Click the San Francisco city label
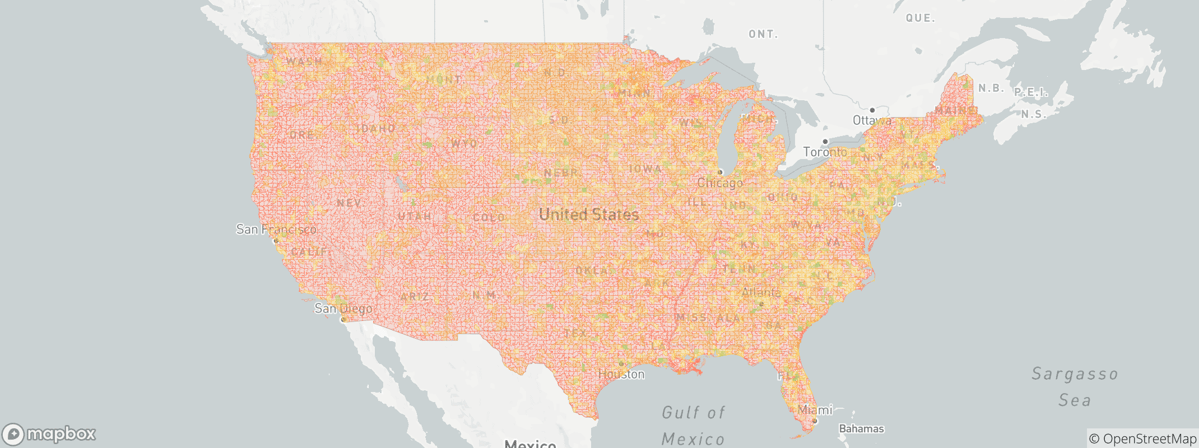point(276,229)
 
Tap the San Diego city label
point(343,309)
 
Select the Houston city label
point(621,374)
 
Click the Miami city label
point(815,410)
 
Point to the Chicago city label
point(720,183)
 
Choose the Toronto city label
point(825,152)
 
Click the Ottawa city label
point(872,120)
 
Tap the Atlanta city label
point(761,292)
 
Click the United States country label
point(588,214)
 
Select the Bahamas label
point(861,429)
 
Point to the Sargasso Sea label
point(1075,387)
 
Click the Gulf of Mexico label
point(693,426)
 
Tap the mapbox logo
point(49,434)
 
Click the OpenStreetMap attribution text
point(1142,439)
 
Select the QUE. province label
point(921,18)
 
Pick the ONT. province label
point(763,35)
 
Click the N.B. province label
point(991,88)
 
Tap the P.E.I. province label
point(1031,93)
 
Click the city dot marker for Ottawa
point(872,110)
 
